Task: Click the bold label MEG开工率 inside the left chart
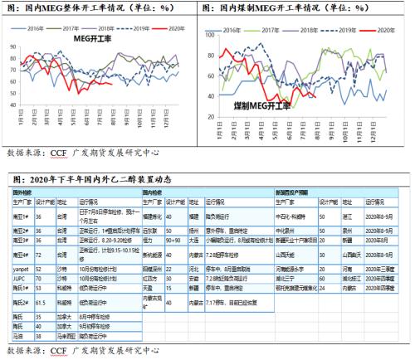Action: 96,38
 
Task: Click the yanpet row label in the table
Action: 22,270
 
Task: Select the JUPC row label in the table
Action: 21,278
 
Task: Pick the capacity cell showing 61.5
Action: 46,304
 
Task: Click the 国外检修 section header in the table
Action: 22,192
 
